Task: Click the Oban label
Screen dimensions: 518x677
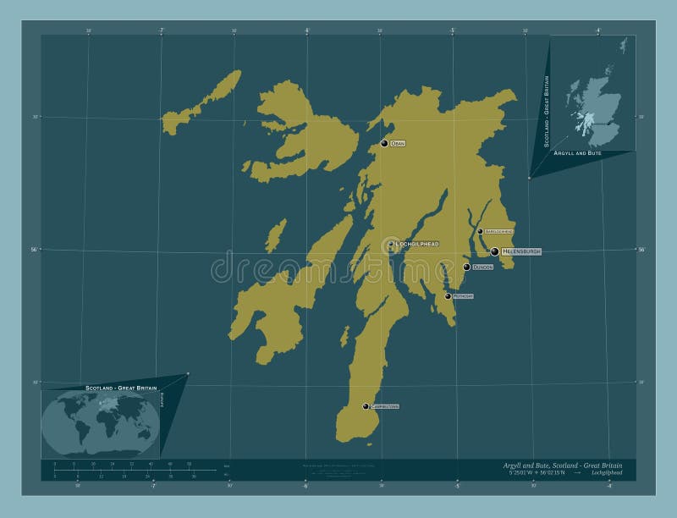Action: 398,144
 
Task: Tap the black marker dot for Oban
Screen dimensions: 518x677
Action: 384,143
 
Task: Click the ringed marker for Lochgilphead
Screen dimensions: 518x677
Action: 391,245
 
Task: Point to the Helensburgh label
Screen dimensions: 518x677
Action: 521,252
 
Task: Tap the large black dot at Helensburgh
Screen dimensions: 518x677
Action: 495,251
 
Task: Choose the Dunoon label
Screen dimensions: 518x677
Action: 483,267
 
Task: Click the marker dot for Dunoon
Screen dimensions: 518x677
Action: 466,267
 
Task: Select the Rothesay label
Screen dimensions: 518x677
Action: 463,296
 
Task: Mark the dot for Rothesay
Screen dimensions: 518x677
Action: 448,296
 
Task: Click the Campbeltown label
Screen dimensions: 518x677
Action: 384,407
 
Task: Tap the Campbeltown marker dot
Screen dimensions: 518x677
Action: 366,406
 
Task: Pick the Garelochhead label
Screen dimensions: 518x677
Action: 499,231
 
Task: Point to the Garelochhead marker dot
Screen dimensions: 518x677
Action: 480,231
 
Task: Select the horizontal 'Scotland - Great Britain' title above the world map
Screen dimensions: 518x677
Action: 121,387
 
